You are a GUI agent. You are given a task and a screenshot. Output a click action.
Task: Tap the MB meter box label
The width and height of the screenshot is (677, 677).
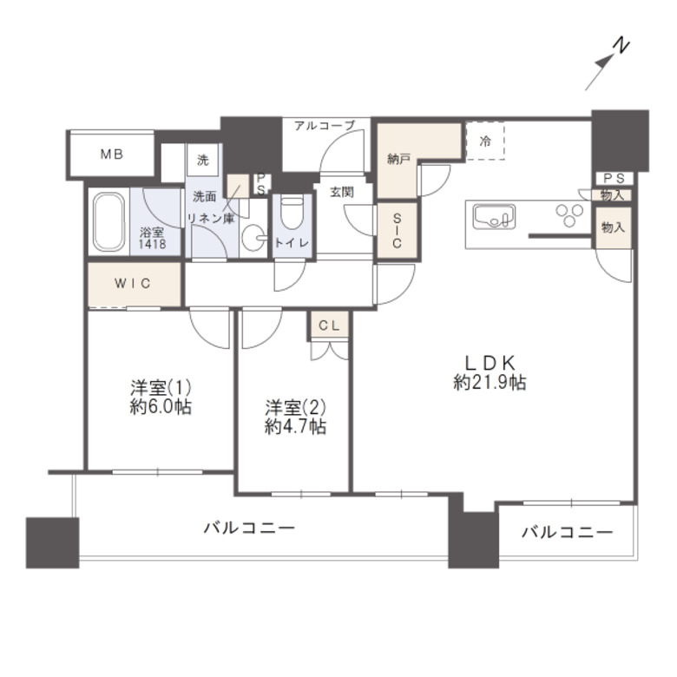111,154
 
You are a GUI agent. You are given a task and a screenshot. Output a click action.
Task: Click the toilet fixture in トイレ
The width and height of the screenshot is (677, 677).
291,212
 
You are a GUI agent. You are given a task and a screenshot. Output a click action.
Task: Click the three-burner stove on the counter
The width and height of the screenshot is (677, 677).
570,214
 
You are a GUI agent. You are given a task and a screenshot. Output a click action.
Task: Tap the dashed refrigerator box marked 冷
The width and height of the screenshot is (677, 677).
486,142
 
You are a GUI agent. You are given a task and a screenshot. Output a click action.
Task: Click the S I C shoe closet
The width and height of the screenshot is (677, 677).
396,231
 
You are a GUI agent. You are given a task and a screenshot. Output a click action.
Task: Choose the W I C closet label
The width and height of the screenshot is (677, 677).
134,283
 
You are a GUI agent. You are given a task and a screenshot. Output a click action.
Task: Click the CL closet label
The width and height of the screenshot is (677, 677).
329,325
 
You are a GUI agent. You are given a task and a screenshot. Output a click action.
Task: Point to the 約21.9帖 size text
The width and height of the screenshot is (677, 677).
490,383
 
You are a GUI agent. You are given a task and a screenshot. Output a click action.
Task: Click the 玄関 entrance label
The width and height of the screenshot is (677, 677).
341,192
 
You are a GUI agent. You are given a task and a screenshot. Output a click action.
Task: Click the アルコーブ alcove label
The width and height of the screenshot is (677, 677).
324,125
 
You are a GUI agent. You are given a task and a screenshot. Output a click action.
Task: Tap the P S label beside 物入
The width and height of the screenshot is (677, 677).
613,178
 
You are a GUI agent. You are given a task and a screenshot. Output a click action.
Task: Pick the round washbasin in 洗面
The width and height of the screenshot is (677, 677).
253,238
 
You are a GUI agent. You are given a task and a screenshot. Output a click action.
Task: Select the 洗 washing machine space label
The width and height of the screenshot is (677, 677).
202,160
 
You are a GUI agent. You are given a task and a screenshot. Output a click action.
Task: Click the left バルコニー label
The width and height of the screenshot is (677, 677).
250,527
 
